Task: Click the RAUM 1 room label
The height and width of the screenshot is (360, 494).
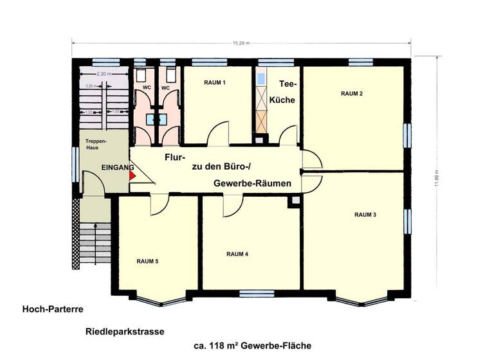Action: click(215, 82)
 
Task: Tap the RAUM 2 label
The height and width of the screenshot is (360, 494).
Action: click(352, 94)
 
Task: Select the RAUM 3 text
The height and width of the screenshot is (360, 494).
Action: click(365, 214)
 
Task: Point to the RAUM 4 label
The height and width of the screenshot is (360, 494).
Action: click(237, 254)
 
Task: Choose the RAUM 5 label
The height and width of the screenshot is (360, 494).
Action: click(147, 261)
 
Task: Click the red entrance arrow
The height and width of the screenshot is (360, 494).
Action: click(133, 174)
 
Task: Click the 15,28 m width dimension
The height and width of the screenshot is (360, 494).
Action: click(242, 43)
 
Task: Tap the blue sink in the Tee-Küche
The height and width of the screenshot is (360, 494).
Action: click(261, 78)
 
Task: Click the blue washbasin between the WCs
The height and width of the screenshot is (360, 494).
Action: click(153, 119)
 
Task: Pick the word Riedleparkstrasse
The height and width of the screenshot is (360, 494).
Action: click(125, 332)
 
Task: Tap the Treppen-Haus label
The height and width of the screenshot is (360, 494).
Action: click(96, 143)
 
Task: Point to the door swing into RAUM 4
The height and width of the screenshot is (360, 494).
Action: click(232, 206)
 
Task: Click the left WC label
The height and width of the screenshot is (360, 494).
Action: click(146, 87)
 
